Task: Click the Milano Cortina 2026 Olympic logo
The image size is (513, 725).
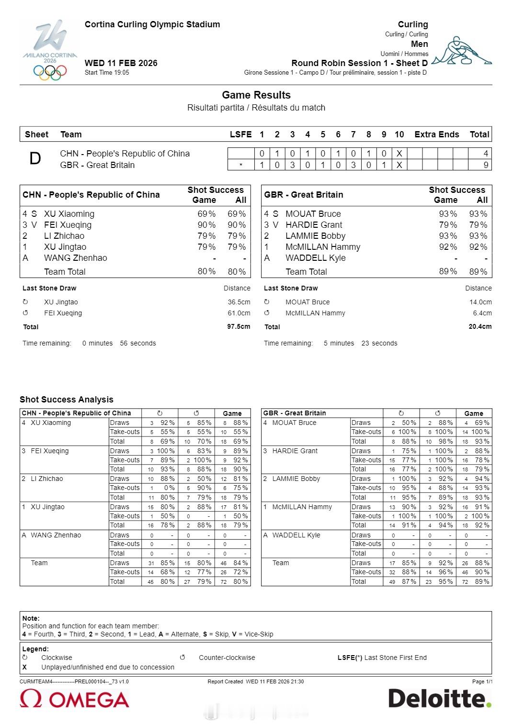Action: click(x=50, y=50)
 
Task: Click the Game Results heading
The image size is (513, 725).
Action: click(x=256, y=95)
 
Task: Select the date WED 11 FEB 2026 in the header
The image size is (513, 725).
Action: click(x=121, y=63)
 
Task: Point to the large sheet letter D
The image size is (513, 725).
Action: click(x=35, y=159)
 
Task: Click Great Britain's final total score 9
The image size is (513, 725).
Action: click(x=486, y=165)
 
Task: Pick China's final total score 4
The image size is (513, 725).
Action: click(x=486, y=154)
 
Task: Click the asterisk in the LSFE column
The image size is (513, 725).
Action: click(x=240, y=165)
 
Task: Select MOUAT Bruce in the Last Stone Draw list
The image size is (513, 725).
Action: click(x=308, y=302)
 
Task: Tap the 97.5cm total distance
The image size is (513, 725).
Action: click(x=239, y=326)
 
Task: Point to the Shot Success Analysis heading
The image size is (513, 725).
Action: click(x=67, y=400)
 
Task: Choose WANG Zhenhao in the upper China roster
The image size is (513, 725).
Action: click(x=76, y=258)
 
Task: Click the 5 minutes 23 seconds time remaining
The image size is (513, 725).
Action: click(x=360, y=343)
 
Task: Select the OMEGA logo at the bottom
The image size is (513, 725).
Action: click(x=75, y=699)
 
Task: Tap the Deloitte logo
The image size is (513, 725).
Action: click(x=440, y=699)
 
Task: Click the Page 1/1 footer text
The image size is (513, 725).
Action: click(x=482, y=681)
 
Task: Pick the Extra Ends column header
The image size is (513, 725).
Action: click(x=437, y=134)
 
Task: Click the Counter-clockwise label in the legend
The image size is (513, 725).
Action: click(x=227, y=658)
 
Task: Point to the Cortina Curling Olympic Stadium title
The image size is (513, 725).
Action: click(x=152, y=24)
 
